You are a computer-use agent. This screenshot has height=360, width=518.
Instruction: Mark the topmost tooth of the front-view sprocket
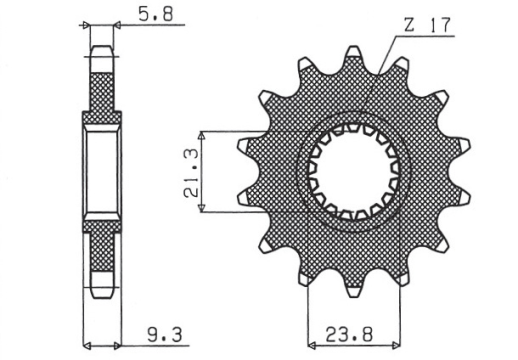353,55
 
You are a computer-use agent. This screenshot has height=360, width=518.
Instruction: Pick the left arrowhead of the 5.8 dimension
86,24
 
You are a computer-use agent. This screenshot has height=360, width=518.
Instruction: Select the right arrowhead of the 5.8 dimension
116,24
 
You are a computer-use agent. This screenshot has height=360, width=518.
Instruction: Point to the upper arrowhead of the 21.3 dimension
203,130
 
